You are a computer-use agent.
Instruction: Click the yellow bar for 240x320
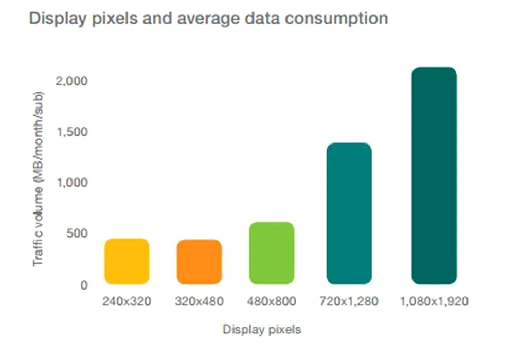(127, 261)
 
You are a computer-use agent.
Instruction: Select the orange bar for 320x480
(199, 262)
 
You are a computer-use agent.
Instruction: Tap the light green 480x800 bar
(272, 253)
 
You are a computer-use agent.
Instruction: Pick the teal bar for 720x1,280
(349, 213)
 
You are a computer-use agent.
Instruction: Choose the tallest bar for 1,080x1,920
(434, 175)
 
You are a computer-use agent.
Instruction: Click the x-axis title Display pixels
(262, 330)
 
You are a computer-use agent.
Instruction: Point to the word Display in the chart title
(54, 19)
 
